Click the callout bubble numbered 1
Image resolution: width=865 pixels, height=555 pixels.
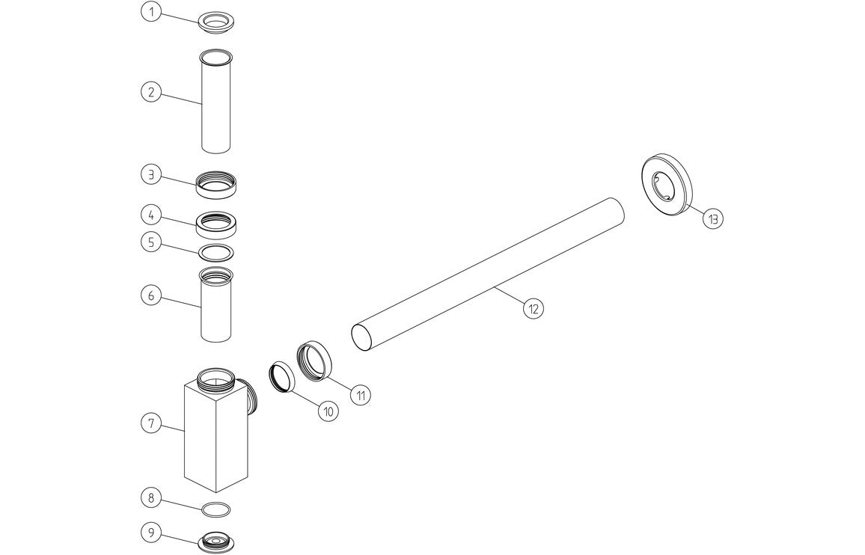tap(151, 12)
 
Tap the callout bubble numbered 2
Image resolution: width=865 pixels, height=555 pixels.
tap(151, 92)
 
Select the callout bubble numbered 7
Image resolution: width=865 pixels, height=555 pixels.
tap(151, 423)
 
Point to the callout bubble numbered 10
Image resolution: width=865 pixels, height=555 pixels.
tap(327, 410)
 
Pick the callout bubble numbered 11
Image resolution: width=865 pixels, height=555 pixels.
tap(361, 395)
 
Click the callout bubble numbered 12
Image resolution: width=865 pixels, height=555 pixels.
tap(533, 307)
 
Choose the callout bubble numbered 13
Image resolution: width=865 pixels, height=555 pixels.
tap(713, 218)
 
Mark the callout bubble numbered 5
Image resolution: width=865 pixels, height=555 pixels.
tap(151, 242)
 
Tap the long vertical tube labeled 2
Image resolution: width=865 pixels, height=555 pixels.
tap(216, 101)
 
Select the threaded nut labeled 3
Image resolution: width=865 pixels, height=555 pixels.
tap(216, 184)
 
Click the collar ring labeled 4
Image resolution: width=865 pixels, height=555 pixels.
tap(216, 223)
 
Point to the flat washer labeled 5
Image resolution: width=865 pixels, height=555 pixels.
tap(216, 251)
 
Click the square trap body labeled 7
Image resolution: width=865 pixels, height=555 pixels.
tap(216, 434)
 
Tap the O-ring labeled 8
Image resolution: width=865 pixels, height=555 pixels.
tap(216, 509)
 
